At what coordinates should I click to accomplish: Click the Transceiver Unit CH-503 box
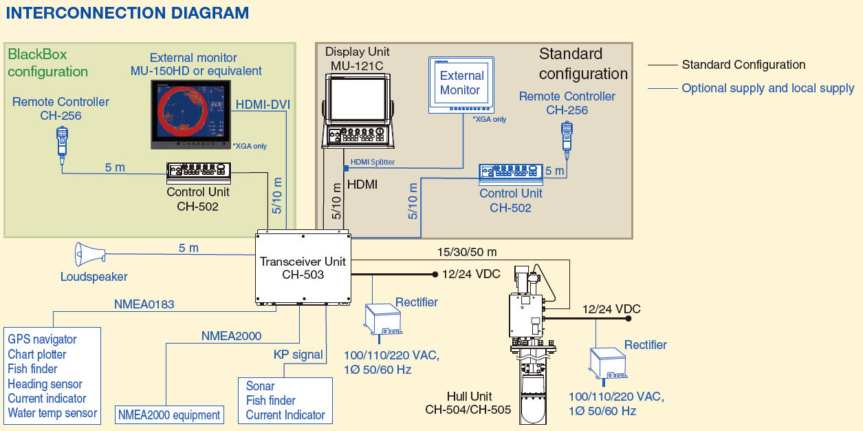coord(303,268)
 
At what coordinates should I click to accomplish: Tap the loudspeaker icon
coord(90,254)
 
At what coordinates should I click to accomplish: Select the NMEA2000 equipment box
coord(169,414)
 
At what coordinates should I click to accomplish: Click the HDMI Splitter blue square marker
coord(346,168)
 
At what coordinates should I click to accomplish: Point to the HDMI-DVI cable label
coord(263,105)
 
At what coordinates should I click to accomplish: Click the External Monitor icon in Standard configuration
coord(461,85)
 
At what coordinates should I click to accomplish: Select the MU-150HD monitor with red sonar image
coord(190,114)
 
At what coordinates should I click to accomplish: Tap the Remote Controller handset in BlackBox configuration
coord(62,143)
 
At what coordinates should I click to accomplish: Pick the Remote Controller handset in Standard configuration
coord(567,140)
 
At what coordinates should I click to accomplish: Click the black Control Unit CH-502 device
coord(199,173)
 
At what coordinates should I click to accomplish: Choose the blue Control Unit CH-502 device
coord(510,174)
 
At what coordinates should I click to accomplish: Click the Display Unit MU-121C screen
coord(358,98)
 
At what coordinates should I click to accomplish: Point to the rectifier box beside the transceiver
coord(383,320)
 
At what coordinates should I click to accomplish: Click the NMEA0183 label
coord(144,304)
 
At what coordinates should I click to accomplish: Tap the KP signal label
coord(298,355)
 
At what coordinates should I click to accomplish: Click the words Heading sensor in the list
coord(45,384)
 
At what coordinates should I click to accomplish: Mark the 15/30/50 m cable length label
coord(467,252)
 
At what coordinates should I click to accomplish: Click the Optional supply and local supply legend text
coord(768,88)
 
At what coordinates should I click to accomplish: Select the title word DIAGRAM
coord(210,12)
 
